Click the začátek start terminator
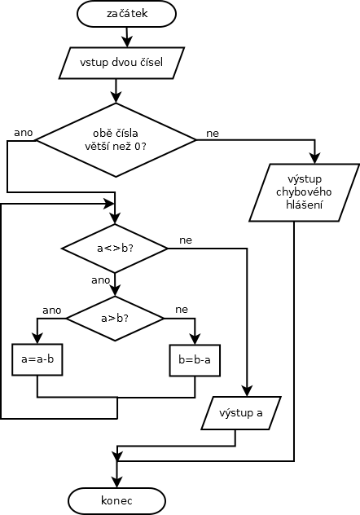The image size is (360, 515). click(126, 14)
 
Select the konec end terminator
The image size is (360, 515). click(116, 501)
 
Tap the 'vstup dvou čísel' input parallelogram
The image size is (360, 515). click(121, 63)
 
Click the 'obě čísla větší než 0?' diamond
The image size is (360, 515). click(116, 140)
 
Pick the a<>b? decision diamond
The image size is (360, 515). click(115, 249)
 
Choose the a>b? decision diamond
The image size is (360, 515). click(115, 319)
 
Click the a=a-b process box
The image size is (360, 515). click(37, 359)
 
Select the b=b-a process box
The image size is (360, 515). click(195, 360)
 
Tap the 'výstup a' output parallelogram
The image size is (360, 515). click(241, 413)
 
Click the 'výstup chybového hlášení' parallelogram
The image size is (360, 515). click(305, 192)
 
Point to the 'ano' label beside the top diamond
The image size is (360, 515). click(24, 133)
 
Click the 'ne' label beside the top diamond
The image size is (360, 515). click(213, 134)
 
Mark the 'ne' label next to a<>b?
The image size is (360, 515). click(186, 240)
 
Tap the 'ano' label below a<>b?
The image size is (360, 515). click(100, 280)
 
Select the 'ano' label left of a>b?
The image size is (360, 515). click(52, 310)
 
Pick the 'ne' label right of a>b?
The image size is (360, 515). click(182, 310)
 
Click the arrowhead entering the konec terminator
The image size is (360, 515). click(116, 482)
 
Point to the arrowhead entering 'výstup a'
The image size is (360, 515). click(247, 390)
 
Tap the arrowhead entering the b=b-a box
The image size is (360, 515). click(195, 338)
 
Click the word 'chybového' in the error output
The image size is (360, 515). click(304, 192)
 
